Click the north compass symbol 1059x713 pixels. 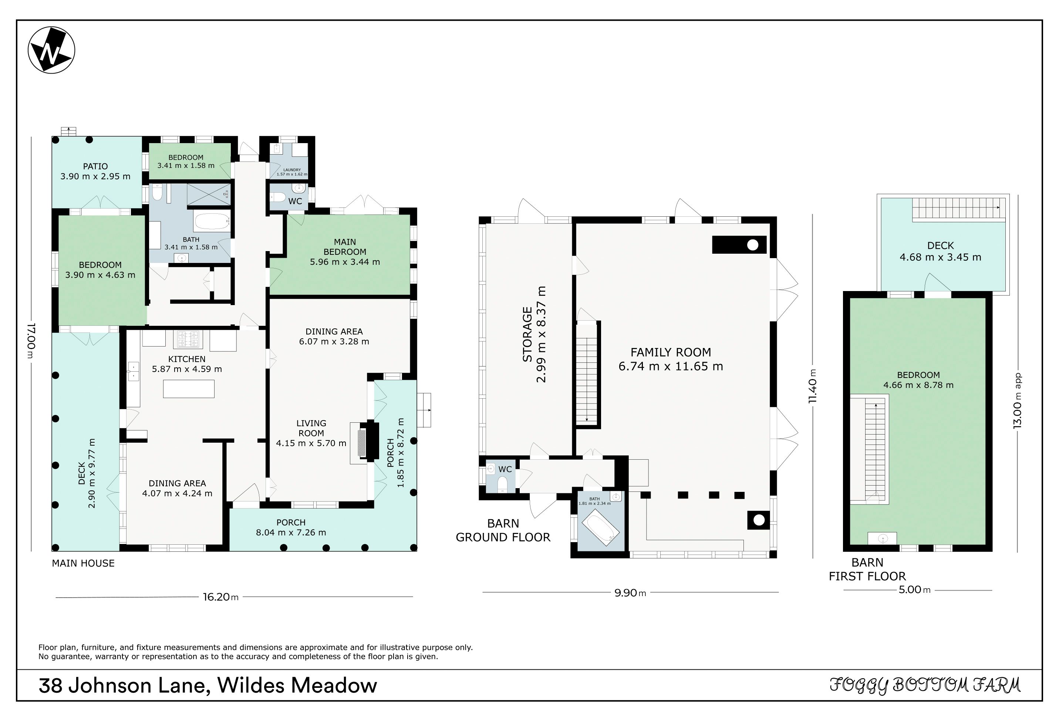pyautogui.click(x=51, y=50)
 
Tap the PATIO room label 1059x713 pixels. pyautogui.click(x=95, y=166)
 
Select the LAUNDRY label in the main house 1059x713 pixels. pyautogui.click(x=292, y=170)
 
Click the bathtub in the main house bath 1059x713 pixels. pyautogui.click(x=212, y=222)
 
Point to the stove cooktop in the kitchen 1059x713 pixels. pyautogui.click(x=188, y=339)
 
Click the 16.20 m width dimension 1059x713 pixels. pyautogui.click(x=220, y=597)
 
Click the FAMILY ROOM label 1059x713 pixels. pyautogui.click(x=671, y=352)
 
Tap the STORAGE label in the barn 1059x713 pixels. pyautogui.click(x=527, y=334)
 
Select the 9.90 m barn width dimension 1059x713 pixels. pyautogui.click(x=630, y=593)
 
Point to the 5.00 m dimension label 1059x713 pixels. pyautogui.click(x=914, y=590)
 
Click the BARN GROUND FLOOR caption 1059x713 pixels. pyautogui.click(x=503, y=530)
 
